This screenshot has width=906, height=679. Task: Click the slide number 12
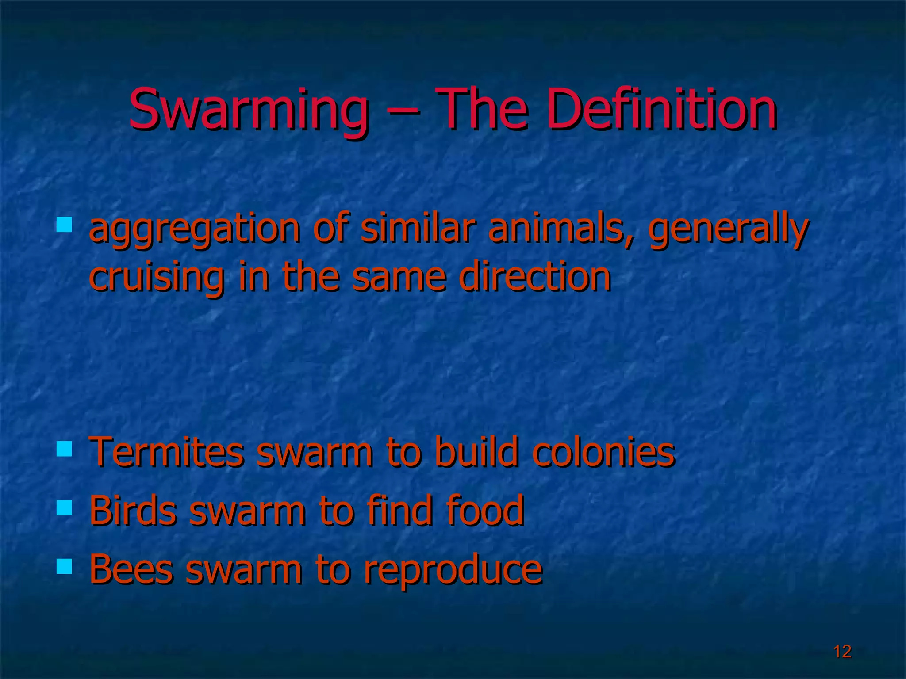coord(842,651)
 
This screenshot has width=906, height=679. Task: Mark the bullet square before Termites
coord(65,449)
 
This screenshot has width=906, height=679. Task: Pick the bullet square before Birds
coord(65,507)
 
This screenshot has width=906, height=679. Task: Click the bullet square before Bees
coord(65,566)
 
